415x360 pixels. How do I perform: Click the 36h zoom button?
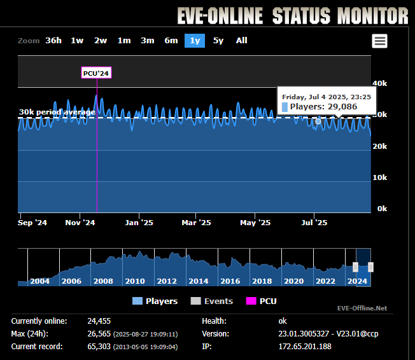(x=53, y=41)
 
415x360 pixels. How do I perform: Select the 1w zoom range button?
(x=77, y=41)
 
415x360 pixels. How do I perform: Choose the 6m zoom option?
(x=171, y=41)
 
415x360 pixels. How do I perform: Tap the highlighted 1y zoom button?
(x=195, y=41)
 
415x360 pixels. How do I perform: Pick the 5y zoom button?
(x=218, y=41)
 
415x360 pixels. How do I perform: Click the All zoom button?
(x=242, y=41)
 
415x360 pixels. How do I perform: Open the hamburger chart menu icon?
(x=380, y=41)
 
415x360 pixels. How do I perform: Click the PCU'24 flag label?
(x=97, y=73)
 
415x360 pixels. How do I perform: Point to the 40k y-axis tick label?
(x=379, y=83)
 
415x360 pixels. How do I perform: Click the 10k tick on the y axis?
(x=379, y=177)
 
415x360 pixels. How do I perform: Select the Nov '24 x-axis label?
(x=80, y=223)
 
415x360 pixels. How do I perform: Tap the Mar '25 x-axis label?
(x=197, y=223)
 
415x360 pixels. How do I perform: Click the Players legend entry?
(x=155, y=301)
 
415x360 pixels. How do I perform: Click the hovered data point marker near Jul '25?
(x=318, y=121)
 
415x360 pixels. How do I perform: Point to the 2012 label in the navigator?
(x=167, y=281)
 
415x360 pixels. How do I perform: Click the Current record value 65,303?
(x=101, y=346)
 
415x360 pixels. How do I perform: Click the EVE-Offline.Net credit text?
(x=362, y=308)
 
